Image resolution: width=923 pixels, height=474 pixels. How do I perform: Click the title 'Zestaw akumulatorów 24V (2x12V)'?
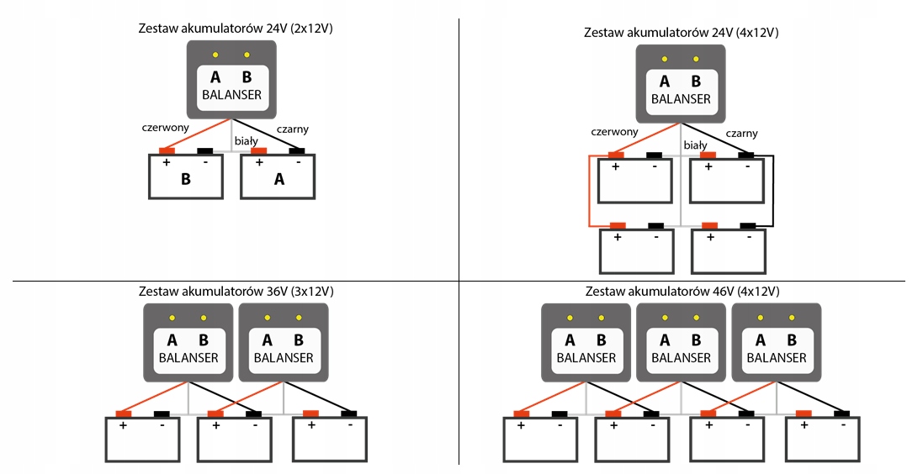point(236,29)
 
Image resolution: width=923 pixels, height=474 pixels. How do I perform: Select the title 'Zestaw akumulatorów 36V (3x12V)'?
point(236,291)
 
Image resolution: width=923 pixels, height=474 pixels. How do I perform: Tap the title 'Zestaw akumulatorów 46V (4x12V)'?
point(682,291)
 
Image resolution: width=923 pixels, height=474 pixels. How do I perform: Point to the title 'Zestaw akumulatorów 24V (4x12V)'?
point(681,32)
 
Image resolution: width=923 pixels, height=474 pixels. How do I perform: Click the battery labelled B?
point(185,176)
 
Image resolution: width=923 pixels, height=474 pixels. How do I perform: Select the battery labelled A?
point(278,176)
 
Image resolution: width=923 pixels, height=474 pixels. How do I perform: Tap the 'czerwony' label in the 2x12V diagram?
point(166,127)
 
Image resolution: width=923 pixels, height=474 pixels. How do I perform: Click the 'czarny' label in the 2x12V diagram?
point(292,129)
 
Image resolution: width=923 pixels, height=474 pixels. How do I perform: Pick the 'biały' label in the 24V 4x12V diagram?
point(695,145)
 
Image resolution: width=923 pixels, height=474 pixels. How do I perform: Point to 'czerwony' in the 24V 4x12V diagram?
point(614,132)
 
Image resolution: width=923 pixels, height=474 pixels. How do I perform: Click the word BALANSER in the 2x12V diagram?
point(232,95)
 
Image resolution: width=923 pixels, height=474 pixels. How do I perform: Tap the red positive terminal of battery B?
point(167,151)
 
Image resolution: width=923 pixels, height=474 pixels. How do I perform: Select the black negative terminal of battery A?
point(297,151)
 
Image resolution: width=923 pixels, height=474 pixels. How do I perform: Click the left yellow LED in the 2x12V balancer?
point(215,55)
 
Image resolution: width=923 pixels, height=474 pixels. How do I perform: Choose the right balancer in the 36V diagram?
point(284,342)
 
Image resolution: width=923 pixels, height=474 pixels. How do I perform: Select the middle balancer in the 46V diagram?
point(681,342)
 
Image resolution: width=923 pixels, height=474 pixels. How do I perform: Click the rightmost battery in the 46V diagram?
point(823,439)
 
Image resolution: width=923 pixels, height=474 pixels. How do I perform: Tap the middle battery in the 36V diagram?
point(235,439)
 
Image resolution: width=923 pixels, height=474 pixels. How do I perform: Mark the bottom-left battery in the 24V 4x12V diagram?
point(637,251)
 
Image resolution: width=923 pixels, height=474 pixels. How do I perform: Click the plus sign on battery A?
point(259,162)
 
